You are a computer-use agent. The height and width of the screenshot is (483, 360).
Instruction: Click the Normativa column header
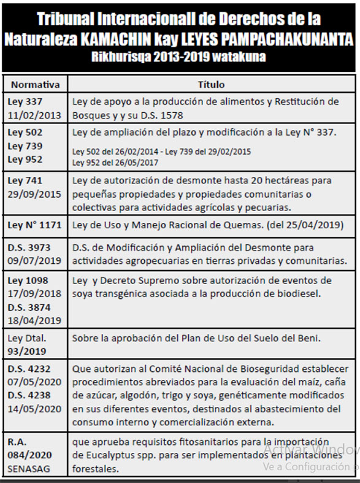36,85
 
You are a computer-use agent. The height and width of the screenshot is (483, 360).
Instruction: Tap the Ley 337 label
25,101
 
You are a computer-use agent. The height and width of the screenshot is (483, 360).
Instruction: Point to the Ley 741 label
25,181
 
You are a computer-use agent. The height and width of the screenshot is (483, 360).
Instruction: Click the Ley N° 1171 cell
35,225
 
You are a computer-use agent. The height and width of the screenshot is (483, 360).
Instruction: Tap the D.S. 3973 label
29,248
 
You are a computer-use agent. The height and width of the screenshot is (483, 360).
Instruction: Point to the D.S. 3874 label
29,307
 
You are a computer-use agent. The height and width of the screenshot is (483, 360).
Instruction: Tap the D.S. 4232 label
29,369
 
